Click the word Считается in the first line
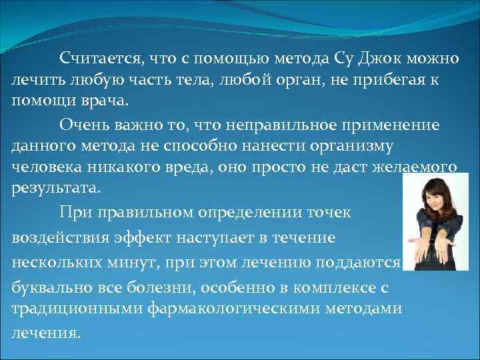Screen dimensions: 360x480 [x=98, y=58]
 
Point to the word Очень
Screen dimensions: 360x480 [x=81, y=123]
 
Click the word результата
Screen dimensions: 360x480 [x=55, y=188]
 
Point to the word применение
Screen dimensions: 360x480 [x=400, y=123]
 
